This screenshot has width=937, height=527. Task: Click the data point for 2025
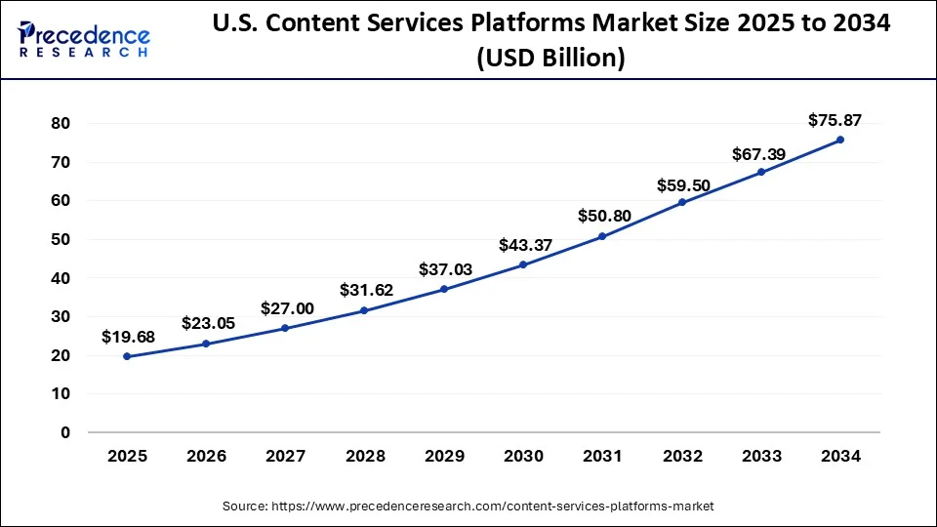127,356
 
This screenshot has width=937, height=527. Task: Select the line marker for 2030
523,264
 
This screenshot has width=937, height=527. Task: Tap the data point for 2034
840,140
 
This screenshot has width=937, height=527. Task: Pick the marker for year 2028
364,310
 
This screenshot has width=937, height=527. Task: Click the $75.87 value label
835,120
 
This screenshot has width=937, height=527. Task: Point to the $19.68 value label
128,337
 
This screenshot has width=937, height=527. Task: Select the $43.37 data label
525,245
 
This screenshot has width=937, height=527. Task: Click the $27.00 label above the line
286,308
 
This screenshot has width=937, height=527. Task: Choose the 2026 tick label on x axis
206,456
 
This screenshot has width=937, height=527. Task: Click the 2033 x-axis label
761,456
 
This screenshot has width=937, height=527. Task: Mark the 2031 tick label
602,456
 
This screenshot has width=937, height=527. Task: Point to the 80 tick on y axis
61,123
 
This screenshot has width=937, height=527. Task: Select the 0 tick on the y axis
65,432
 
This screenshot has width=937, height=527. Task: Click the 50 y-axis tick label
61,239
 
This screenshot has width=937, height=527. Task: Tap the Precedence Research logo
84,39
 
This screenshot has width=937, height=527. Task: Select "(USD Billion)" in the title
550,59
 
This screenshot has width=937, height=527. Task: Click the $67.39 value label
759,155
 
